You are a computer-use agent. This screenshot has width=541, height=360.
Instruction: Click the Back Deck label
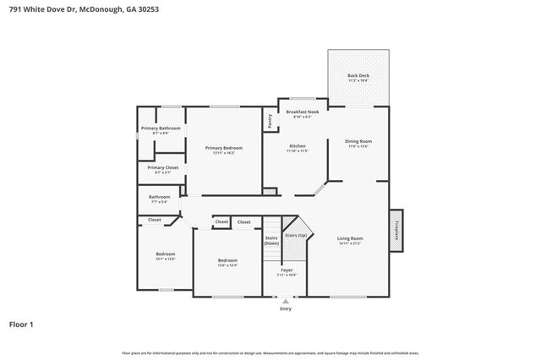tap(358, 75)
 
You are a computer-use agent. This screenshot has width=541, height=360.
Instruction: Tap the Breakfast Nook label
tap(302, 112)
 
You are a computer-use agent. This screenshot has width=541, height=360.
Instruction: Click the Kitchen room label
tap(298, 146)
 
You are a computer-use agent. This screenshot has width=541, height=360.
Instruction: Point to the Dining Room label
tap(358, 141)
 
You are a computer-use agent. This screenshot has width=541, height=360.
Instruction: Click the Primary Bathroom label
tap(161, 128)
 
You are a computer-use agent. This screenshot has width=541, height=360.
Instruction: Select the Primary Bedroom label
tap(224, 148)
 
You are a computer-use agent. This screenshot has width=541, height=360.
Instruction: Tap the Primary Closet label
tap(162, 167)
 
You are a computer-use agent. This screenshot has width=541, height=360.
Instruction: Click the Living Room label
tap(350, 238)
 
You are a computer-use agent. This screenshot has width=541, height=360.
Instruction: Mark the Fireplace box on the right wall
tap(396, 230)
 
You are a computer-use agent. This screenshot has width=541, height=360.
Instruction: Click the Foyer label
tap(287, 270)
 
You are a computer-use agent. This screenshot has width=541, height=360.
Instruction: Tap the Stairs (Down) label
tap(272, 240)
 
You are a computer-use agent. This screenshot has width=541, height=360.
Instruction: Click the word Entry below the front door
tap(286, 308)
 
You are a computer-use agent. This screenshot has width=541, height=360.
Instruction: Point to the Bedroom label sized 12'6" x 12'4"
tap(227, 260)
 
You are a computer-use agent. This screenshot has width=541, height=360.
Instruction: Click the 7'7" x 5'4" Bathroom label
tap(160, 197)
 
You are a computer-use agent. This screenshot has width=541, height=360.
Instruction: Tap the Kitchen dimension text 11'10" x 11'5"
tap(298, 151)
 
